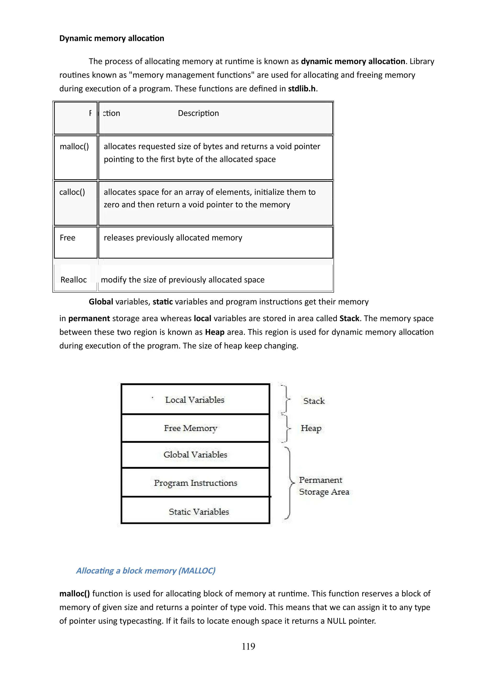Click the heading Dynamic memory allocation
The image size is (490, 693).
point(111,38)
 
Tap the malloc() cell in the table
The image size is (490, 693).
point(74,147)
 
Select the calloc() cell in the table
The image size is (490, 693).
point(72,192)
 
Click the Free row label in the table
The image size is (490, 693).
point(68,238)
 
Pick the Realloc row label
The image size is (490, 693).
point(73,280)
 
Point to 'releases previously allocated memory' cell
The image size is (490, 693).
point(173,238)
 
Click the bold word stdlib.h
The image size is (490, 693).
point(302,89)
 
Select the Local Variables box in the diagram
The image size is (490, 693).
point(195,400)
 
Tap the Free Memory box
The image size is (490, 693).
point(191,428)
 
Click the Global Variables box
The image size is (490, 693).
point(195,455)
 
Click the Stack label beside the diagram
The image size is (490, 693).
point(314,401)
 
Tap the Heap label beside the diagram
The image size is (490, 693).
point(311,428)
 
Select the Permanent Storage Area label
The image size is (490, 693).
point(324,486)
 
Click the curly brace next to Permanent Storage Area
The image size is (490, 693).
point(290,483)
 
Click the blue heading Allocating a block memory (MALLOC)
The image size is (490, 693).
point(145,571)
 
